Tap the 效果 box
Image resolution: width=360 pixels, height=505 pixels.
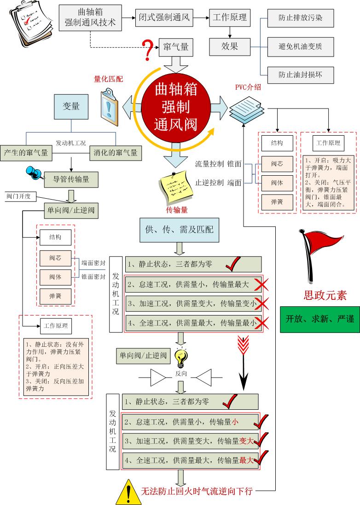tap(229, 46)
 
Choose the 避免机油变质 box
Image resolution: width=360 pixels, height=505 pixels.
tap(301, 46)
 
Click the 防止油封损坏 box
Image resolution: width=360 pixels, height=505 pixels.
tap(301, 73)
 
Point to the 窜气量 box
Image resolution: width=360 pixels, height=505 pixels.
tap(175, 46)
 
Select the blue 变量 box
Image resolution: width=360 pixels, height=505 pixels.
tap(71, 106)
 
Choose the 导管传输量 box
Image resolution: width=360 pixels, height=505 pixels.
tap(71, 179)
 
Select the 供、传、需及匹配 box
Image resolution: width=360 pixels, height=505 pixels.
tap(180, 230)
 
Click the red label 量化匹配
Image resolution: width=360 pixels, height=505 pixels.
tap(109, 79)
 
